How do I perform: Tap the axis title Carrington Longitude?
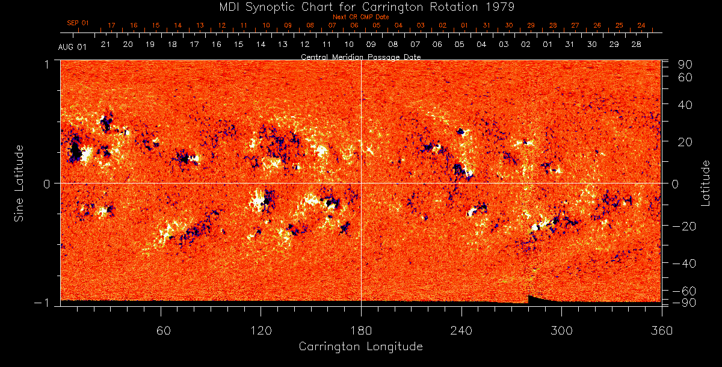pyautogui.click(x=360, y=347)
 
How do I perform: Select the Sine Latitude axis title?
pyautogui.click(x=19, y=183)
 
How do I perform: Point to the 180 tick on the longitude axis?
pyautogui.click(x=361, y=330)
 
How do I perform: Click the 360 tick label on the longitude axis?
pyautogui.click(x=661, y=330)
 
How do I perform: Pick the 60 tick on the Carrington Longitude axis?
pyautogui.click(x=161, y=330)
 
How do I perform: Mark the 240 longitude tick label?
pyautogui.click(x=461, y=330)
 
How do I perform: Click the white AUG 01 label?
pyautogui.click(x=72, y=48)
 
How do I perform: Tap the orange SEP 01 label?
pyautogui.click(x=78, y=23)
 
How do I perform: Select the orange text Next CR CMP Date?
pyautogui.click(x=361, y=17)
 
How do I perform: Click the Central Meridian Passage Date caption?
pyautogui.click(x=360, y=57)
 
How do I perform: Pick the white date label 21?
pyautogui.click(x=105, y=45)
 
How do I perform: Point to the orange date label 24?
pyautogui.click(x=641, y=25)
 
